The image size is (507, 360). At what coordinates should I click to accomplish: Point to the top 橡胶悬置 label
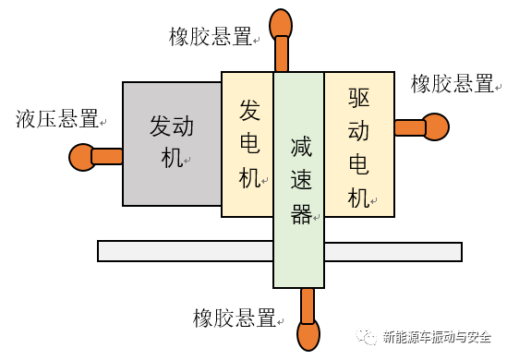[211, 37]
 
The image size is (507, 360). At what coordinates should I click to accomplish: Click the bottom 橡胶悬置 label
[235, 319]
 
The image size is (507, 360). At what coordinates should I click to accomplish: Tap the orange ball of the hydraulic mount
[82, 158]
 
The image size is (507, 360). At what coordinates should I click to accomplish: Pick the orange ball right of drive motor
[434, 126]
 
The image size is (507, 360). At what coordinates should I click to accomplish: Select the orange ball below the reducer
[308, 335]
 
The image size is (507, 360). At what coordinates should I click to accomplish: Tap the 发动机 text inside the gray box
[173, 142]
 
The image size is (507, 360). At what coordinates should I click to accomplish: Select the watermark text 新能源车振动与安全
[436, 337]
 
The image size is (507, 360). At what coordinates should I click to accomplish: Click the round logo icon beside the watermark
[368, 337]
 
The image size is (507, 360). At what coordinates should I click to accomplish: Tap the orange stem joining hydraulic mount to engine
[107, 157]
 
